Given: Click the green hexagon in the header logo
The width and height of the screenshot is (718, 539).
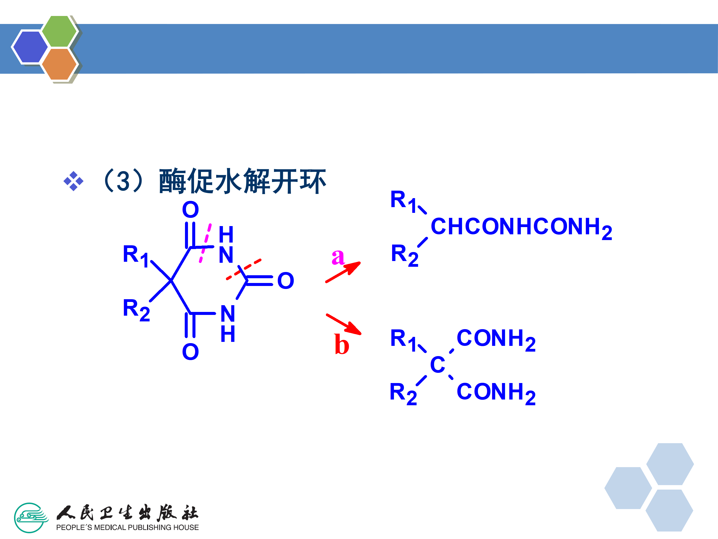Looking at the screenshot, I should [59, 31].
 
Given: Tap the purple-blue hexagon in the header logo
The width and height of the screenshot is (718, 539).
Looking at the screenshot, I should [30, 47].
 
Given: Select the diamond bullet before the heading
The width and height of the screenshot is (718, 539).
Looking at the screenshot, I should [73, 181].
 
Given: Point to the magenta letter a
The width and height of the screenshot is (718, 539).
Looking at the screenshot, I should [338, 257].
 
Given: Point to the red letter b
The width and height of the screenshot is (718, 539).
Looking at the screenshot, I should [342, 344].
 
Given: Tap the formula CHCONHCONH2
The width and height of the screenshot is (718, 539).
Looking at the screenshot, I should [521, 227].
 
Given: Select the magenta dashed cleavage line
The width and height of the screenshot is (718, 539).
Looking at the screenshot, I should [205, 243].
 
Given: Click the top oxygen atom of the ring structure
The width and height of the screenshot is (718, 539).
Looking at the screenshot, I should [190, 210].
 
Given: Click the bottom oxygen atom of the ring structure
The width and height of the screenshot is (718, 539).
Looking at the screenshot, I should [190, 352].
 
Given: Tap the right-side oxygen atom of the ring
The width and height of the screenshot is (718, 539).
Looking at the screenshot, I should [286, 281].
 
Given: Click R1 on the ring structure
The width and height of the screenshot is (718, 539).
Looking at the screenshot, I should [135, 255].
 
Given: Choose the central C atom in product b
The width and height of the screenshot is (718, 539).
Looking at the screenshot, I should [437, 365].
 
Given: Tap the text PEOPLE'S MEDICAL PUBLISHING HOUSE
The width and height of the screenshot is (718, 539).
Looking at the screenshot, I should [127, 527].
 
